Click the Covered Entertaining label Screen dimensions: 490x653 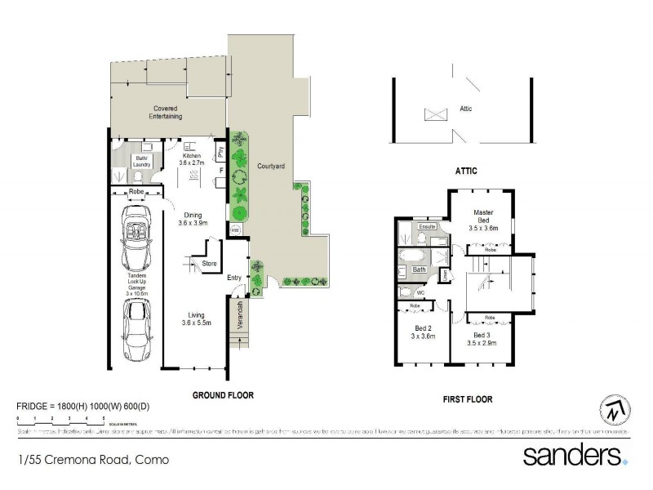click(163, 113)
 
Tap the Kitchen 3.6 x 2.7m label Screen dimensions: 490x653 click(192, 160)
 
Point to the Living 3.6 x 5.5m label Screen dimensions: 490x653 click(194, 318)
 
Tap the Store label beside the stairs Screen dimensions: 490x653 click(208, 264)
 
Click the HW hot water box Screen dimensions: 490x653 click(235, 231)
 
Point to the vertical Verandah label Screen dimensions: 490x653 click(240, 314)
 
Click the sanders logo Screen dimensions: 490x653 click(575, 456)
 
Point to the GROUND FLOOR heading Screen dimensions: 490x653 click(223, 394)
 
